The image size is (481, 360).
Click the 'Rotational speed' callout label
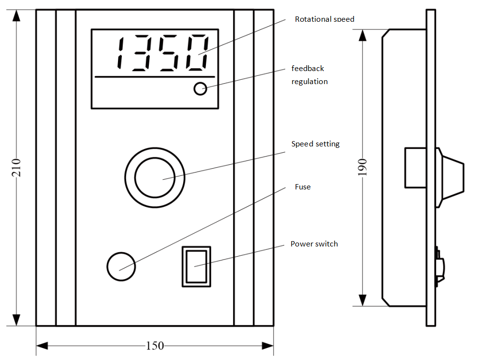coord(324,19)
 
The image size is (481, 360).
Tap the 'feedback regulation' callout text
coord(309,75)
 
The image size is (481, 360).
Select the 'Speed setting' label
coord(315,144)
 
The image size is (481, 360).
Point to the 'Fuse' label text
coord(303,187)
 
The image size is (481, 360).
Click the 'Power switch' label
coord(314,244)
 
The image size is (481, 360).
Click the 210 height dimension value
coord(16,167)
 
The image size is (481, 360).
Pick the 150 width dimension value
coord(155,346)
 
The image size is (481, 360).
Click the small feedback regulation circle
coord(200,88)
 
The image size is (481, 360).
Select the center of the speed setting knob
coord(155,177)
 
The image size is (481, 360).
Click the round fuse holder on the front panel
coord(120,266)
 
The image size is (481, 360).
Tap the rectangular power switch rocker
coord(196,266)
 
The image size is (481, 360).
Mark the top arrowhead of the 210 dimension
coord(16,15)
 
